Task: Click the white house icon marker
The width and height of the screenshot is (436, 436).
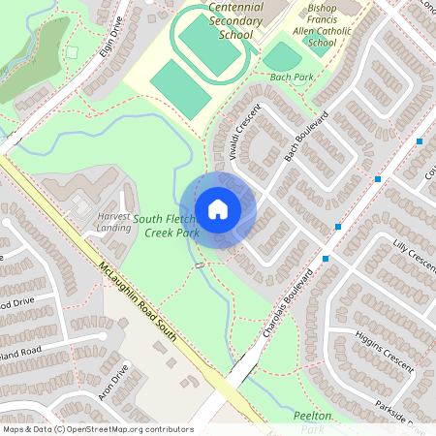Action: (218, 208)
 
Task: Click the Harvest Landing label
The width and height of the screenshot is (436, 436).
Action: (113, 221)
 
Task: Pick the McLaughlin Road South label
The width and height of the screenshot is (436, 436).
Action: (135, 299)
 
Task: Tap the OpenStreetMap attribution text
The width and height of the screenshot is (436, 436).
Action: (98, 428)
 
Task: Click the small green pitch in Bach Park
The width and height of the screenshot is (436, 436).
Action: (281, 56)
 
